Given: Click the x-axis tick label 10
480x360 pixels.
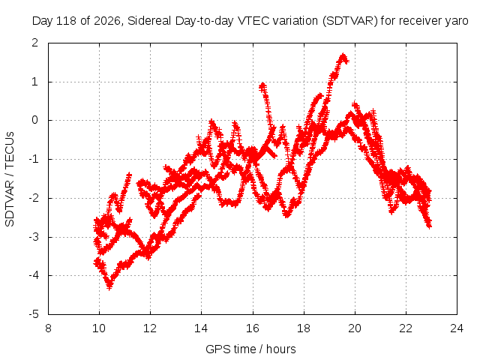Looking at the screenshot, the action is click(99, 328).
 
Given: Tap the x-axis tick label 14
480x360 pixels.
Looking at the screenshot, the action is click(201, 328).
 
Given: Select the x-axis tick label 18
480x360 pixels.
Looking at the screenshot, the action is click(304, 328).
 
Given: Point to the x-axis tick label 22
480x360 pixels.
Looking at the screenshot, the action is click(406, 328).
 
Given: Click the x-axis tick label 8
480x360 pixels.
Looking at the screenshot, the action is click(48, 328).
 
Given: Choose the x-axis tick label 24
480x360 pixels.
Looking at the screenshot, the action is click(457, 328).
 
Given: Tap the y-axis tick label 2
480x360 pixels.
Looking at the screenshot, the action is click(35, 43).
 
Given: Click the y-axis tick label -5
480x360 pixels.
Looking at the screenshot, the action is click(34, 314).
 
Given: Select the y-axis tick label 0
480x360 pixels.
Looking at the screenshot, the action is click(35, 120).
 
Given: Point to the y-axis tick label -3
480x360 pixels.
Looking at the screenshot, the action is click(34, 237).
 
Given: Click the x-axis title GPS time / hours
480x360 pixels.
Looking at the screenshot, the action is click(250, 349).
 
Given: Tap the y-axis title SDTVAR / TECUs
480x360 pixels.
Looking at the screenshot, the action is click(10, 179).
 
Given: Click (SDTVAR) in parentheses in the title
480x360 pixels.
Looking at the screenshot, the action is click(350, 21).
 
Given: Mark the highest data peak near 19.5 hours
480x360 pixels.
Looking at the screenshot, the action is click(343, 55).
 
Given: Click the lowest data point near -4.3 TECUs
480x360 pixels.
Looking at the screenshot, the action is click(109, 287).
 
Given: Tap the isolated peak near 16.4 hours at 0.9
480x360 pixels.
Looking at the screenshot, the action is click(262, 85).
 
